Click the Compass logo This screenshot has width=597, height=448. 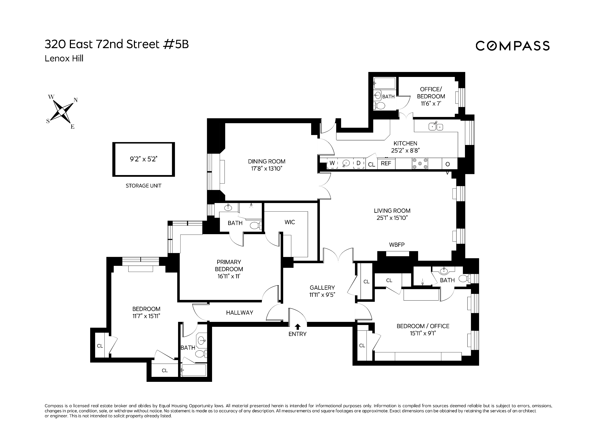(512, 46)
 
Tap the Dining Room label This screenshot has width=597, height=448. (266, 162)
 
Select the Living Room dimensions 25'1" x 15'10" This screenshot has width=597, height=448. (392, 218)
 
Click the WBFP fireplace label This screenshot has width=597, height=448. (397, 245)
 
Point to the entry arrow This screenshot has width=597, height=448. (297, 326)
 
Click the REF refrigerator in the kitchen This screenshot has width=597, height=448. (386, 163)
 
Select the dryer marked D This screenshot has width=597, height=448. (358, 163)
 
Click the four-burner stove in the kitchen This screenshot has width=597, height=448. (420, 164)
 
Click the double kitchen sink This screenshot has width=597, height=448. (436, 126)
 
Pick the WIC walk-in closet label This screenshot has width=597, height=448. (290, 222)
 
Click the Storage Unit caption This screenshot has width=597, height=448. (143, 186)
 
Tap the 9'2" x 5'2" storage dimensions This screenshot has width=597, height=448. (143, 159)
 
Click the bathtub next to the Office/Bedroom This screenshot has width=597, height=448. (384, 83)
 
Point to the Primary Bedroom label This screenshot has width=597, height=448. (229, 265)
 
